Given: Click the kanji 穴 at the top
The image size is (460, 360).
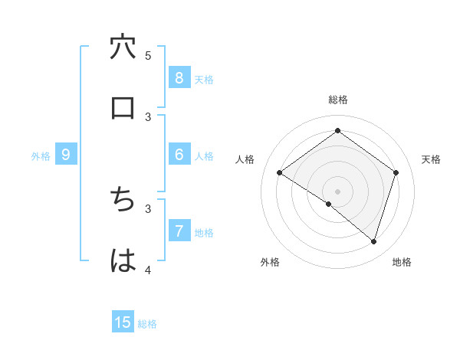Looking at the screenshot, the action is point(123,47).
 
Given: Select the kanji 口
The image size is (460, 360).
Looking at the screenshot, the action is point(123,108).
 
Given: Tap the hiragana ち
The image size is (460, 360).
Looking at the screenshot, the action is point(123,200).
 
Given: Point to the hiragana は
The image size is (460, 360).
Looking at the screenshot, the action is point(123,260).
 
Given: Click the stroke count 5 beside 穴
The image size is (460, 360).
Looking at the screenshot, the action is point(148,55).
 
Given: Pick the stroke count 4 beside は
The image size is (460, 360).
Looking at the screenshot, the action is point(148,270).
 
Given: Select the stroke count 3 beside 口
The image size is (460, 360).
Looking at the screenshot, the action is point(148,116).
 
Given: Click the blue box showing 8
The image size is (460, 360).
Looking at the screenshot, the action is point(179,77).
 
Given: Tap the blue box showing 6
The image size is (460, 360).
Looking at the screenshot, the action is point(179,155).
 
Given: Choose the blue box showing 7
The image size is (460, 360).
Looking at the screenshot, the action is point(179,231).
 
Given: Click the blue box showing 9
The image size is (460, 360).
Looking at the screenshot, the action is point(66,155).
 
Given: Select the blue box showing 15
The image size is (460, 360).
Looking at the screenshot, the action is point(123,322).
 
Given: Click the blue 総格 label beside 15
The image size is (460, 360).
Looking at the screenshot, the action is point(147,324).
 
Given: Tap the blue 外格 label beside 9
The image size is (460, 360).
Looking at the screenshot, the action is point(41,156).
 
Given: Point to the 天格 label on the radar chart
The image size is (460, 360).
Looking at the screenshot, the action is point(431,159).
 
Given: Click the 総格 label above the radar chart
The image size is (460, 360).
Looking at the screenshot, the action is point(338,100).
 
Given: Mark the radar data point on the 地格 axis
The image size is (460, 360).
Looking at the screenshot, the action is point(374,242).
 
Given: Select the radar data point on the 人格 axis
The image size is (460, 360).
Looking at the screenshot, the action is point(280,173).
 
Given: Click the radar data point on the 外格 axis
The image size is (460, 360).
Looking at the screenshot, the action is point(329,205).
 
